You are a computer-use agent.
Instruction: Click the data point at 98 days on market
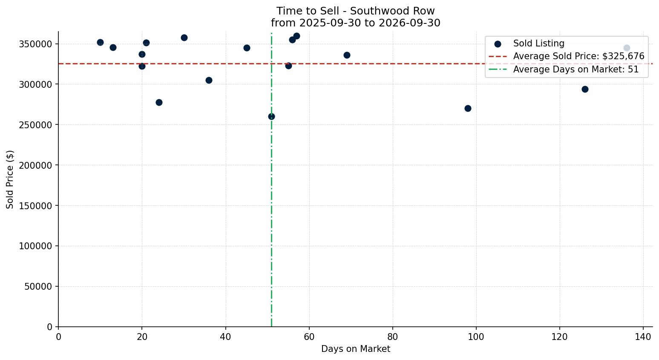click(x=468, y=108)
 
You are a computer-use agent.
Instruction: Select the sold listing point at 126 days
click(x=585, y=89)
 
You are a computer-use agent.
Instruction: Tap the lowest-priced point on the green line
click(x=271, y=116)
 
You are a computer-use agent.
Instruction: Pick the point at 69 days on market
click(x=347, y=55)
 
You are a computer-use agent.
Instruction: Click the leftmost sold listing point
click(x=101, y=42)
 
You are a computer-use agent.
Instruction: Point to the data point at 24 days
click(x=159, y=102)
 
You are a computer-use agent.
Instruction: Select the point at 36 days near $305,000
click(x=209, y=80)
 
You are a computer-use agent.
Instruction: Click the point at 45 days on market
click(x=247, y=48)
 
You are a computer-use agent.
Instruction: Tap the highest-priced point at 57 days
click(x=296, y=36)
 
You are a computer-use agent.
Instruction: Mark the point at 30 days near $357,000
click(x=184, y=37)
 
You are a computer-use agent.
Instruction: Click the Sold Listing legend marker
click(x=498, y=44)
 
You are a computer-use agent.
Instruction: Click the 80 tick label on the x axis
click(x=393, y=337)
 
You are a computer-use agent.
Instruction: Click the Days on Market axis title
click(x=355, y=349)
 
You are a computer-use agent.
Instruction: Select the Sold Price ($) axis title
click(x=10, y=179)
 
